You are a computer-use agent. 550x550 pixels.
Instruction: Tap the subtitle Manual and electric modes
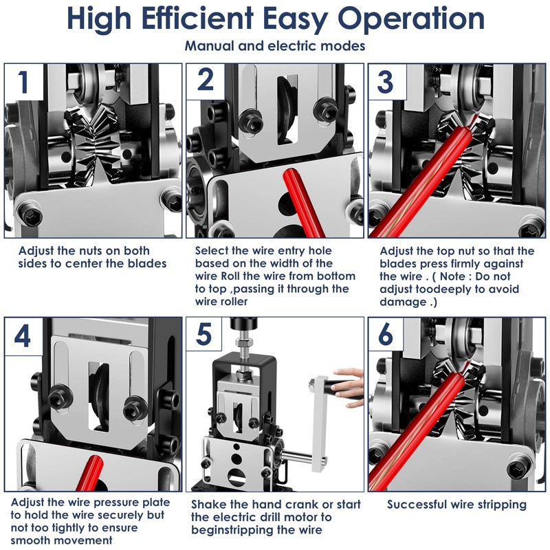point(275,46)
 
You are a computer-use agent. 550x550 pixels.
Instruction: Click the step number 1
point(24,82)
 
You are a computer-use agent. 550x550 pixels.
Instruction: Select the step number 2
point(206,80)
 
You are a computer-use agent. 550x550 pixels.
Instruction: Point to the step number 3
point(385,82)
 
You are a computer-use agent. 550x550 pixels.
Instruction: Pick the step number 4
point(23,336)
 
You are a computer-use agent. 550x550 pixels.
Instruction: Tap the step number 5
point(203,335)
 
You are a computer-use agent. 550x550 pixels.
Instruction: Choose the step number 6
point(386,334)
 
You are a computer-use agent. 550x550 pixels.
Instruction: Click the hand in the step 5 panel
point(346,386)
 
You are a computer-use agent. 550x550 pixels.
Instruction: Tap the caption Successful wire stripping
point(456,505)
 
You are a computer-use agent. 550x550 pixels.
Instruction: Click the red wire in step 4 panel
point(90,473)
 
